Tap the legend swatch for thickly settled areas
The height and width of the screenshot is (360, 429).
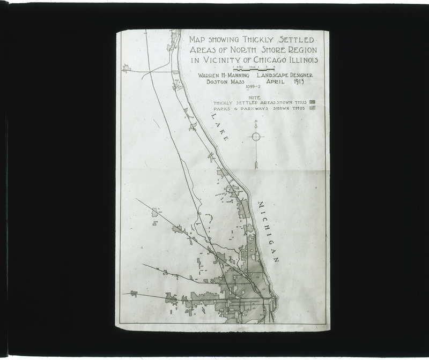click(x=312, y=102)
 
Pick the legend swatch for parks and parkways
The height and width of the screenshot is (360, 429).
click(x=312, y=108)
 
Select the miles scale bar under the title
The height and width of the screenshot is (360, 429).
click(x=254, y=69)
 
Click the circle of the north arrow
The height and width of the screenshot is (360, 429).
click(x=256, y=137)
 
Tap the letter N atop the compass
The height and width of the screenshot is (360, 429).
click(x=256, y=122)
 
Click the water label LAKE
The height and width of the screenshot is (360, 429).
click(x=219, y=126)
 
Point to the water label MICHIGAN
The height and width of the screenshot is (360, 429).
click(x=268, y=231)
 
